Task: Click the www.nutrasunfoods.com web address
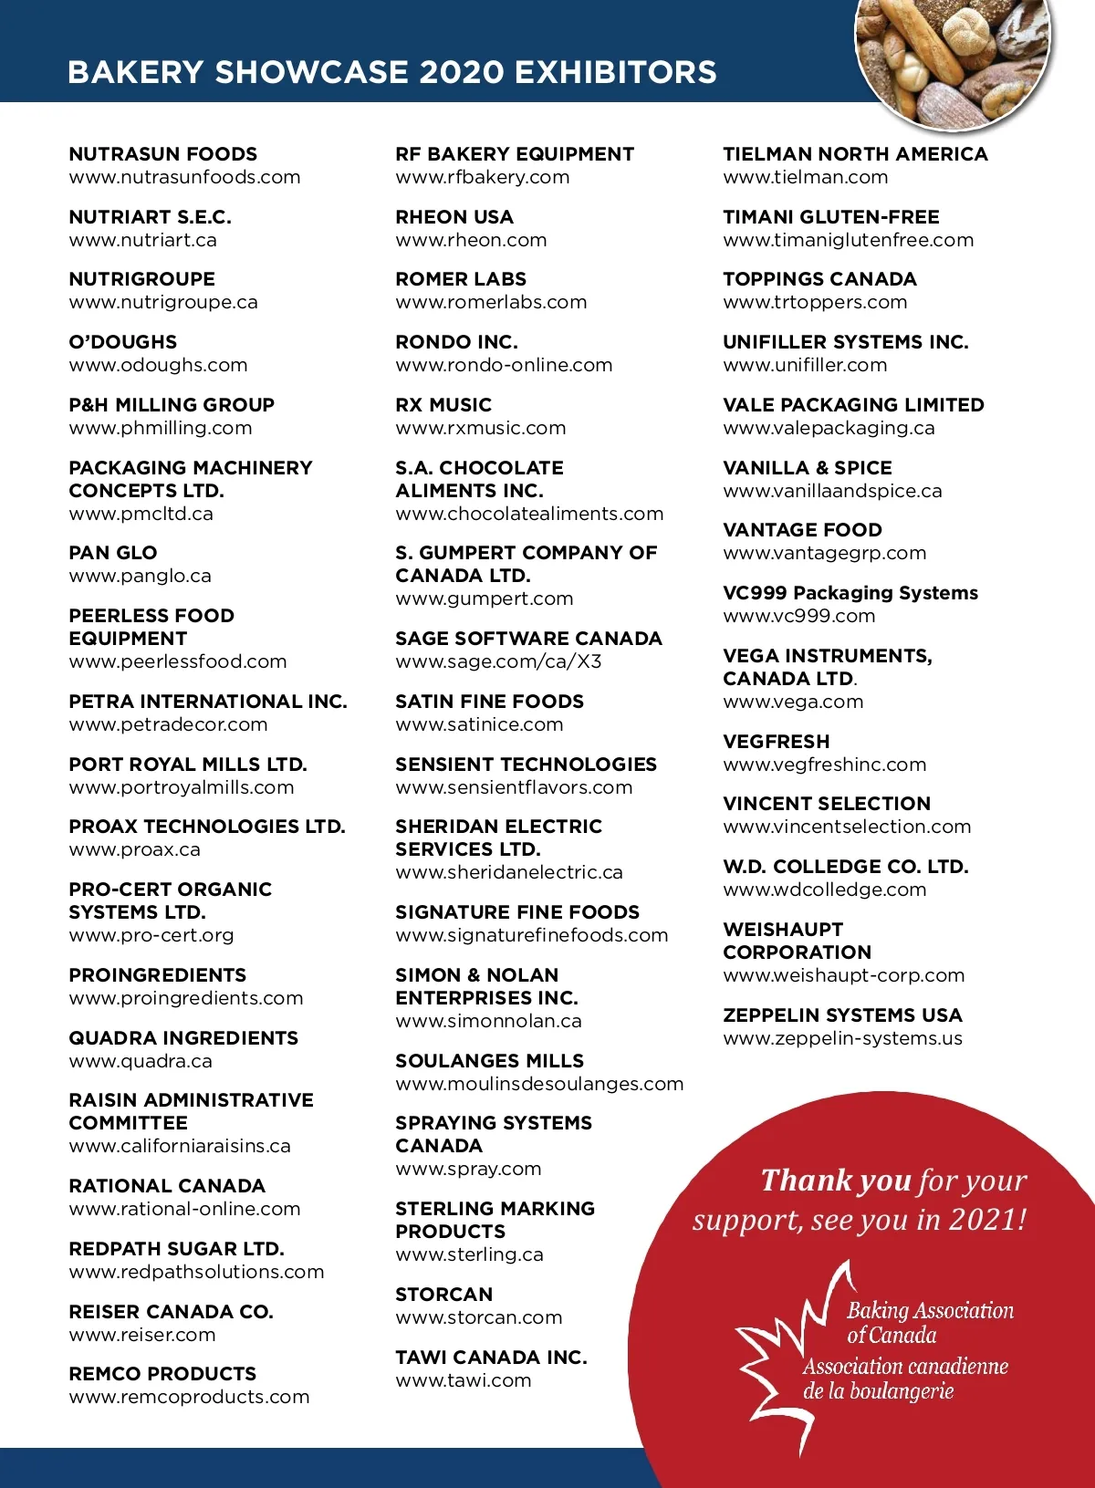point(184,177)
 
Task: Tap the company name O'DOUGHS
point(123,342)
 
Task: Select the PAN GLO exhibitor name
point(113,553)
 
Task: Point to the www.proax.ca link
point(135,849)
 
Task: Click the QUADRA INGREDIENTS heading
point(183,1038)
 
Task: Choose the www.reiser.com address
point(142,1335)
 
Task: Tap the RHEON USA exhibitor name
point(454,217)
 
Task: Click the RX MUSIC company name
point(443,405)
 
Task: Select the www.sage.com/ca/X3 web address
point(498,661)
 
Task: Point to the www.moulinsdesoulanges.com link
point(539,1084)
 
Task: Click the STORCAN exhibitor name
point(444,1295)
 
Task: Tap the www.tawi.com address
point(464,1380)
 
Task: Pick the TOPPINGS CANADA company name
point(819,279)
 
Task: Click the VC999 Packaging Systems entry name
point(850,593)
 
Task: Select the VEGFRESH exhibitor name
point(777,742)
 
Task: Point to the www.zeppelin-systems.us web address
point(842,1038)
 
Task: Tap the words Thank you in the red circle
point(836,1181)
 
